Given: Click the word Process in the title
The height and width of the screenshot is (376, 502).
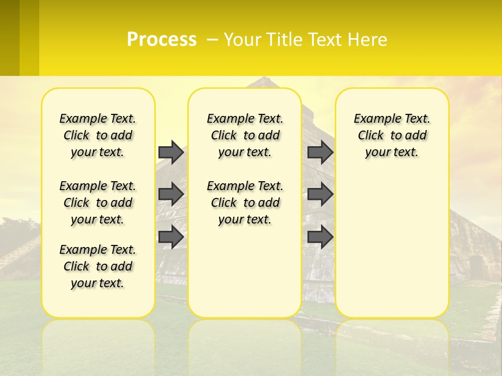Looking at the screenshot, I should click(162, 39).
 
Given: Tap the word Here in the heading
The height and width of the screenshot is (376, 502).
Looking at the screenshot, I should click(368, 40).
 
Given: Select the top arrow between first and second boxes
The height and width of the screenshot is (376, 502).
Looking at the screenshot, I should click(171, 152).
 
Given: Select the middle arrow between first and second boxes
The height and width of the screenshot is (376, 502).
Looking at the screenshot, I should click(171, 194).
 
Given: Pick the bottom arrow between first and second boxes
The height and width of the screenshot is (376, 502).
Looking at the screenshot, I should click(171, 237).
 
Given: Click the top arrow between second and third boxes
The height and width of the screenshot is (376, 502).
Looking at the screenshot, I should click(320, 152).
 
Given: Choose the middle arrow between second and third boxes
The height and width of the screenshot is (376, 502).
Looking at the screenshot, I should click(320, 194).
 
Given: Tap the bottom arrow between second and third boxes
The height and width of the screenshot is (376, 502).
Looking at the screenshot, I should click(320, 237).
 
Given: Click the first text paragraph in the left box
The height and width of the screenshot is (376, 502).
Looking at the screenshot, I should click(98, 135).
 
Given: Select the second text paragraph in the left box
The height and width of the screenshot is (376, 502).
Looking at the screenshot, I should click(98, 203).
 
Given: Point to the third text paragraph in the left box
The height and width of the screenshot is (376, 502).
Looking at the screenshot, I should click(98, 266).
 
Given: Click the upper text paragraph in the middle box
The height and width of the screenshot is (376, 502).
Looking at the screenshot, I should click(245, 135).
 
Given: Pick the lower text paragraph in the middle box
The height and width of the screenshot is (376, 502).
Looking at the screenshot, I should click(245, 203).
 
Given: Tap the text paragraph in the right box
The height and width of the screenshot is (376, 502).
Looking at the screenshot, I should click(392, 135).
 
